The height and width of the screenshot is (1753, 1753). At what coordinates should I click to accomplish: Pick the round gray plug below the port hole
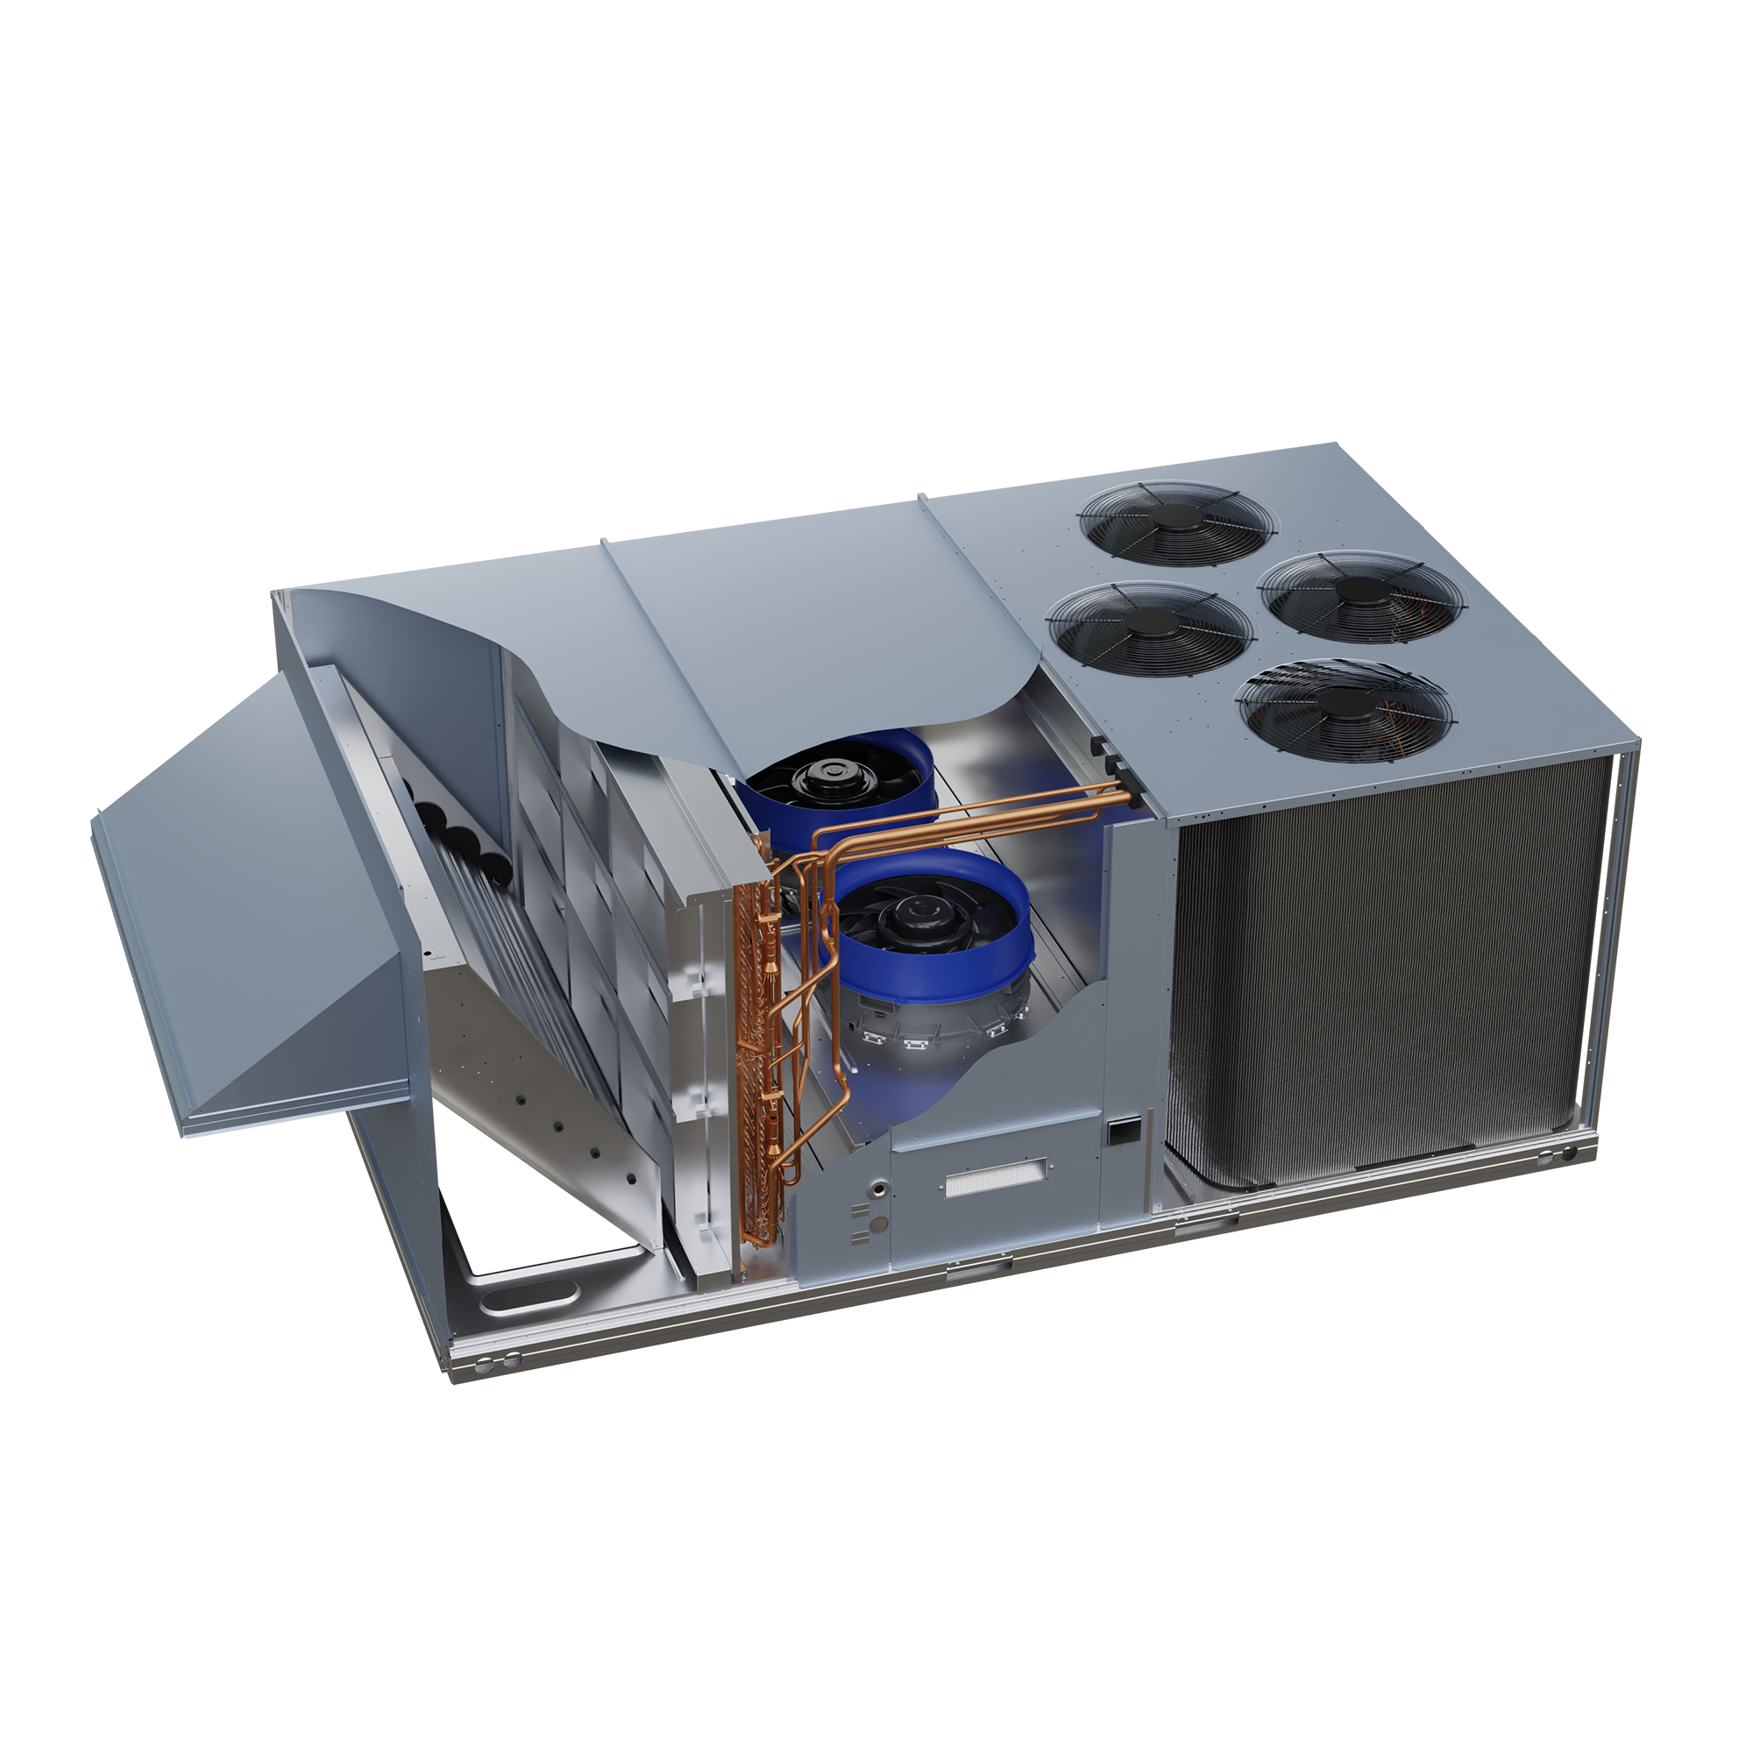click(877, 1225)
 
